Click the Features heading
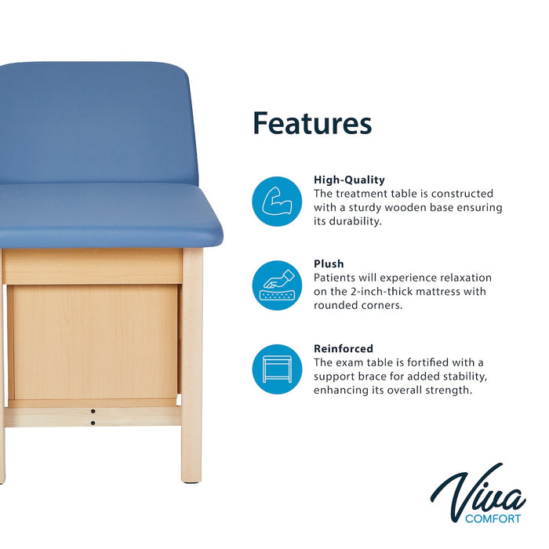click(311, 123)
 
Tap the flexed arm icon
click(277, 202)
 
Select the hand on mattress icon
click(277, 285)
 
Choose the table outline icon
click(277, 369)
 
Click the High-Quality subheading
click(349, 180)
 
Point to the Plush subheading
click(329, 264)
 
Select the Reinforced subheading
click(343, 348)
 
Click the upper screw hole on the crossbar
click(93, 410)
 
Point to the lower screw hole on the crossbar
click(93, 423)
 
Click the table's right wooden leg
click(191, 369)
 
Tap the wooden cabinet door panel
click(94, 341)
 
